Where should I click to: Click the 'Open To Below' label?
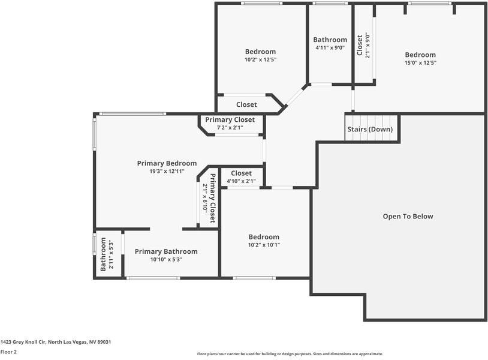pos(408,217)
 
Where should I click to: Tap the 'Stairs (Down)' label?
pos(370,130)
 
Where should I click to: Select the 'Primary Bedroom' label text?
pos(167,163)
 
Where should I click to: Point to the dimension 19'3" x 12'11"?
pos(167,172)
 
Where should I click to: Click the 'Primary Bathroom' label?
pos(166,251)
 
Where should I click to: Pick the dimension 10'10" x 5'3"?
pos(166,260)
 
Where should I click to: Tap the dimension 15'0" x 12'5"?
pos(420,63)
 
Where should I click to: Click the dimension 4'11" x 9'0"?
pos(330,48)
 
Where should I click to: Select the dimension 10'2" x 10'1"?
pos(264,245)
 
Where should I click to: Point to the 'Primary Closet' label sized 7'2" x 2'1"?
pos(230,120)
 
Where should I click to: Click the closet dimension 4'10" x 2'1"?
pos(241,181)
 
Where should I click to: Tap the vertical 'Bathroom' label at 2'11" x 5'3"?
pos(103,254)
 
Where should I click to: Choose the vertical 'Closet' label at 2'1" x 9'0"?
pos(360,45)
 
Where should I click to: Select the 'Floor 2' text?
pos(8,352)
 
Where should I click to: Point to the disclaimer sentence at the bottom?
pos(290,354)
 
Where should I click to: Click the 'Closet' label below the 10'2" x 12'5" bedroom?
pos(246,104)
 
